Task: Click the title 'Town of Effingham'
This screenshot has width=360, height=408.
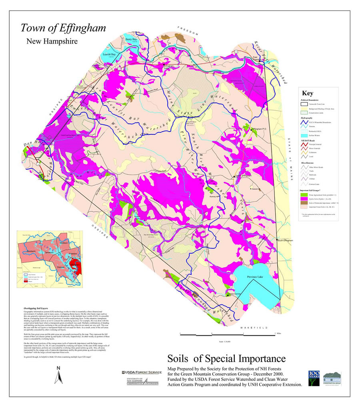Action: coord(63,28)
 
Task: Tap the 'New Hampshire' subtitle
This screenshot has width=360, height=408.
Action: coord(52,41)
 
